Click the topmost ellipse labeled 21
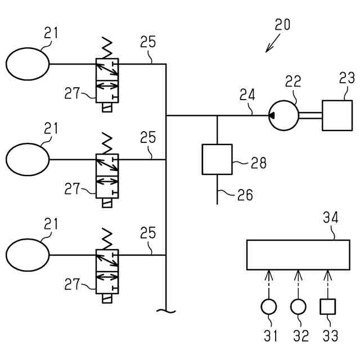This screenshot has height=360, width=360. pos(27,64)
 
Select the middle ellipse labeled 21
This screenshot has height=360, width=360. pos(27,159)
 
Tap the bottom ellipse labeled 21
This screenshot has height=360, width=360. pos(27,255)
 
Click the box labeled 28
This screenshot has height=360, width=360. pos(217,160)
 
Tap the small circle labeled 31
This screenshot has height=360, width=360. pos(269,307)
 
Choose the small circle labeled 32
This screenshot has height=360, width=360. pos(298,307)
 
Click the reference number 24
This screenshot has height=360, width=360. pos(246,93)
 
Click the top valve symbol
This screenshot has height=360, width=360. pos(107,80)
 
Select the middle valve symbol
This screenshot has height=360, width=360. pos(107,175)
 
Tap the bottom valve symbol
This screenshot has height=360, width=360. pos(107,271)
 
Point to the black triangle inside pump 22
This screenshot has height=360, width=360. pos(272,115)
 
